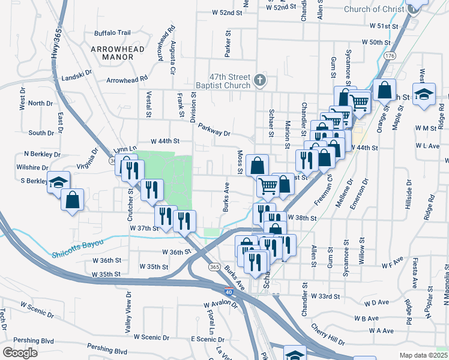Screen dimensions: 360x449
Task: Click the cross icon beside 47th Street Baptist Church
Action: (260, 80)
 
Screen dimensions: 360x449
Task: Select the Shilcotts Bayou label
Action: (77, 242)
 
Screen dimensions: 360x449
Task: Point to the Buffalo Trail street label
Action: (112, 33)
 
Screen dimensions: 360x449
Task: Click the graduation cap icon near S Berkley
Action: (58, 181)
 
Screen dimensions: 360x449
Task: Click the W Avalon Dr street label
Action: (220, 305)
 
